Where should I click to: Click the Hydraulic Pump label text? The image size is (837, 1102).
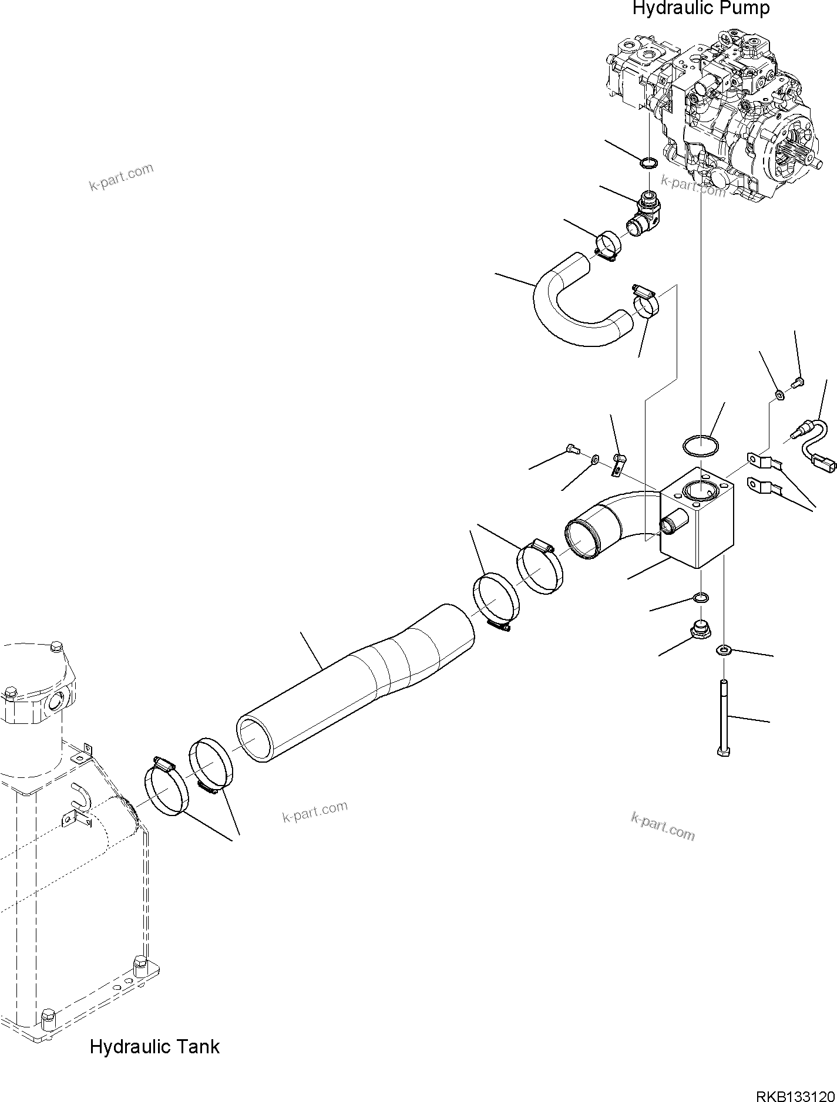pyautogui.click(x=700, y=9)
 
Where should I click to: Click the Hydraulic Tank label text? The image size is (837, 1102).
pyautogui.click(x=154, y=1046)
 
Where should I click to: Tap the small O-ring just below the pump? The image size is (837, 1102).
pyautogui.click(x=648, y=163)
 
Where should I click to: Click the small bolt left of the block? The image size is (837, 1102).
pyautogui.click(x=573, y=450)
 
